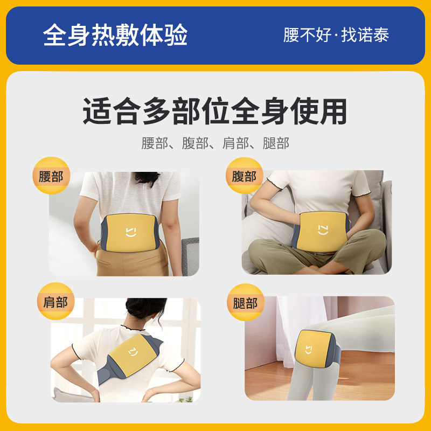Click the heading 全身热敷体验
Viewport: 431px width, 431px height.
pos(115,35)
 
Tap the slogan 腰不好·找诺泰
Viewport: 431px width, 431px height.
pos(336,35)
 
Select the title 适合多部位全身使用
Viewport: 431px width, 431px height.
pos(214,111)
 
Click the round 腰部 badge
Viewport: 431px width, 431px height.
pos(51,176)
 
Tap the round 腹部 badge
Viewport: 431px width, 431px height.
pos(245,176)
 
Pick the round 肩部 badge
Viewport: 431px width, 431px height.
pos(55,301)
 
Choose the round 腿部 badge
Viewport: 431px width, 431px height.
pos(246,302)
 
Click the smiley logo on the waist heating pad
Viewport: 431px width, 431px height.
pos(131,232)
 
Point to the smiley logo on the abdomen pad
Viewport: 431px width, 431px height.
pos(323,230)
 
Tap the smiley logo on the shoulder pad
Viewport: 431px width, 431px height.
pos(133,352)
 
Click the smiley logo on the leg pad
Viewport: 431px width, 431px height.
pos(309,350)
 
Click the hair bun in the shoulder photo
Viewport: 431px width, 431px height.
pos(145,308)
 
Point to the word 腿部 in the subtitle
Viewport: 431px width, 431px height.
pos(276,143)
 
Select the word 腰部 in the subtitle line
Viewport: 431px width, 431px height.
pos(155,143)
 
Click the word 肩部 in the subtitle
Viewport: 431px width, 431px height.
pos(235,143)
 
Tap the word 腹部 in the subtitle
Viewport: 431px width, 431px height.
pos(195,143)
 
